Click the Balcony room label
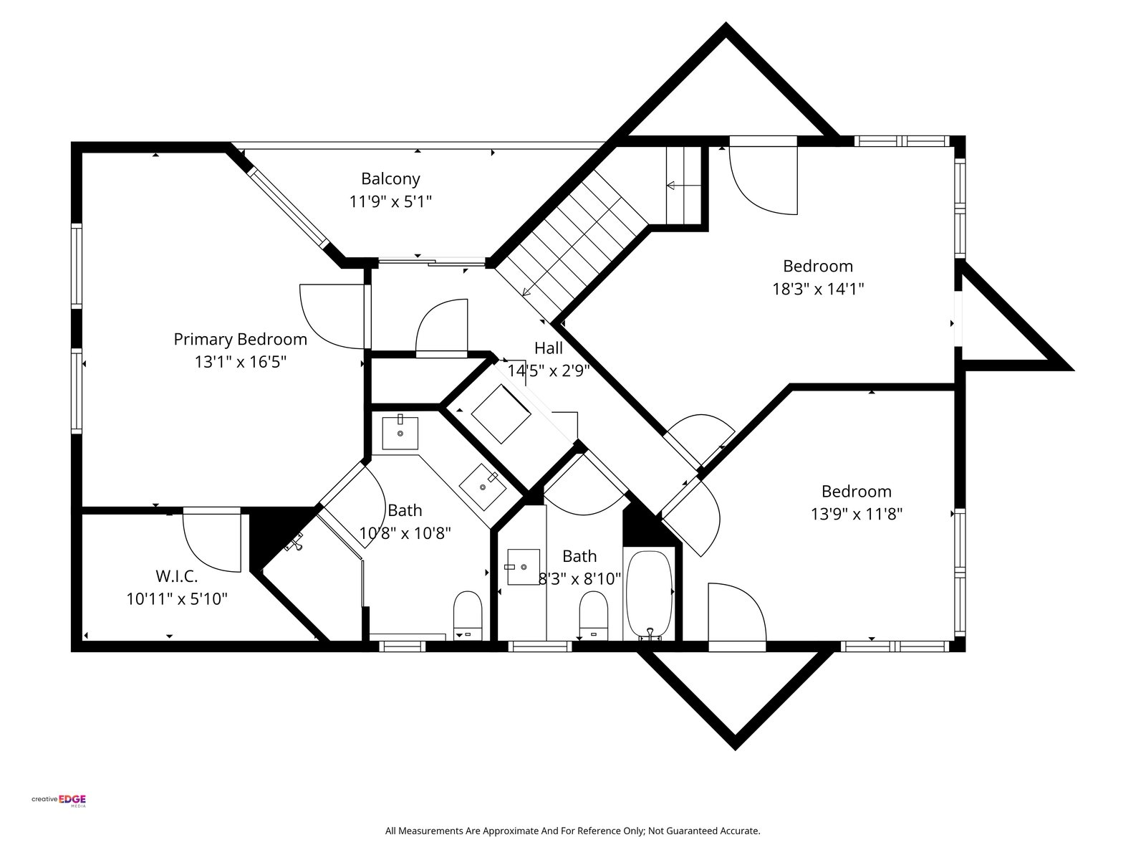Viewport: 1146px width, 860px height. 390,178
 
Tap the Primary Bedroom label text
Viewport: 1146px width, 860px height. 240,340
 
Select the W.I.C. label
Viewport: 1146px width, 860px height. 177,576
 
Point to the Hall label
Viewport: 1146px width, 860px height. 549,348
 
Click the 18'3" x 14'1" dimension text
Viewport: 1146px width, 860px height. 818,289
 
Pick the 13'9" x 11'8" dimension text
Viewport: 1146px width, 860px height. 856,515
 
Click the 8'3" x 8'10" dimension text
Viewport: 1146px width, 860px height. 579,579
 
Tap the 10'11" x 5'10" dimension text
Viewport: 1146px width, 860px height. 177,599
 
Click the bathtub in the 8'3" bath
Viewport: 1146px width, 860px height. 649,596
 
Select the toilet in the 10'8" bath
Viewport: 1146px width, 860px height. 467,615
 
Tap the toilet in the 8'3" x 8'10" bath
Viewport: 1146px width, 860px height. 594,615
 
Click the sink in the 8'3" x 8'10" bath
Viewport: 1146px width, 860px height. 523,567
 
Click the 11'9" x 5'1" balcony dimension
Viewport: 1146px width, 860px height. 390,201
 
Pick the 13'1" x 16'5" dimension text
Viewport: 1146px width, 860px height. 241,362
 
